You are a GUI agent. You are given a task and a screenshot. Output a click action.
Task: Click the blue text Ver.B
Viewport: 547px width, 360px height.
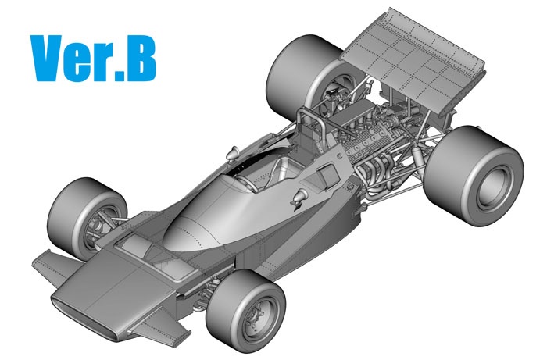[93, 59]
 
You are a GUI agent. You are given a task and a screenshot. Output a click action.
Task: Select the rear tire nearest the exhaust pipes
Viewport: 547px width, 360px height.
[474, 176]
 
